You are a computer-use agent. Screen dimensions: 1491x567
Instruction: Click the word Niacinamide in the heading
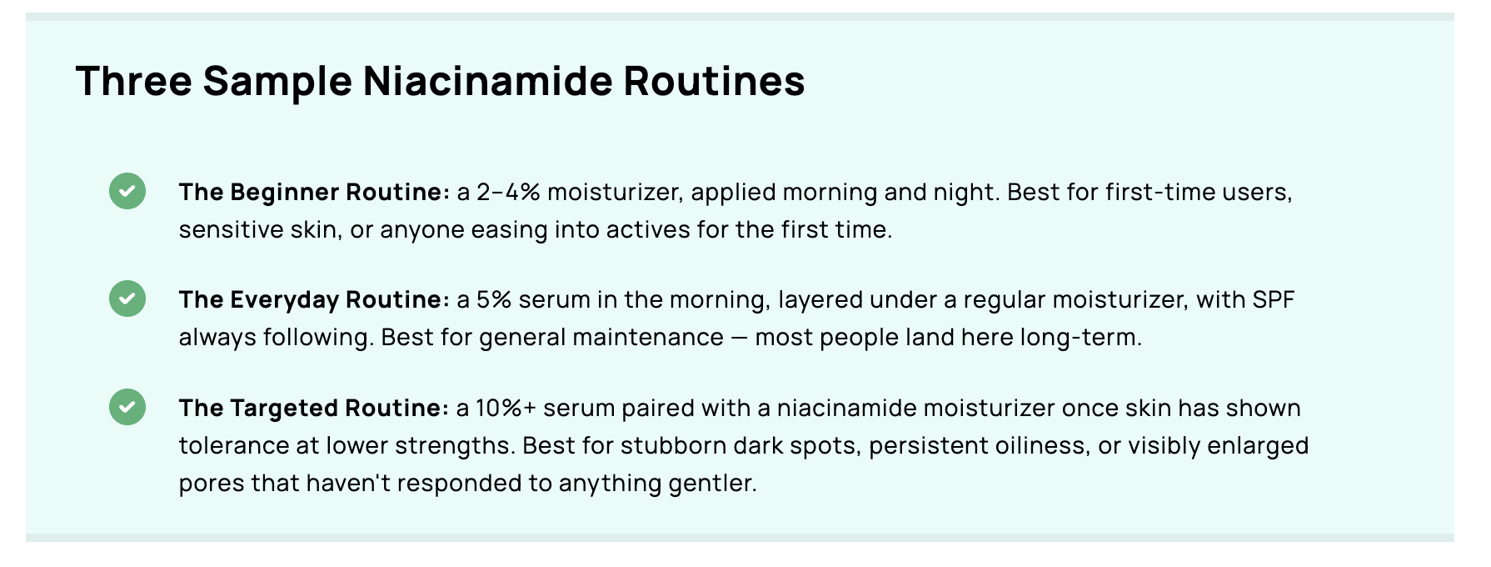[x=487, y=81]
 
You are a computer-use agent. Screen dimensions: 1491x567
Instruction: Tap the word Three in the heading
[x=133, y=81]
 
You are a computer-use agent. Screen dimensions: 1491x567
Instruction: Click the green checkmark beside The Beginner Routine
[x=127, y=191]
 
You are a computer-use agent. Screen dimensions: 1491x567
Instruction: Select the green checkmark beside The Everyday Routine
[x=127, y=299]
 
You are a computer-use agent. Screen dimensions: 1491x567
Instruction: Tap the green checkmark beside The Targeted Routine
[x=127, y=407]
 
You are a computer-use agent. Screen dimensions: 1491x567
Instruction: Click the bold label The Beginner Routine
[x=314, y=193]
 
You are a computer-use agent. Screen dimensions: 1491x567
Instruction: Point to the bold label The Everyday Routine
[x=314, y=300]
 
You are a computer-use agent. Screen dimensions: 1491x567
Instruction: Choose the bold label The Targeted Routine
[x=314, y=409]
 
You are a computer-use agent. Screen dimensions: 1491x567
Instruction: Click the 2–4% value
[x=508, y=193]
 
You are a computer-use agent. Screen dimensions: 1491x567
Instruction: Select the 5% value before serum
[x=493, y=300]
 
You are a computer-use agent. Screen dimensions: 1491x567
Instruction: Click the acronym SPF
[x=1274, y=300]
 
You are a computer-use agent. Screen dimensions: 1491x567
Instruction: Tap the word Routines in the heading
[x=714, y=81]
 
